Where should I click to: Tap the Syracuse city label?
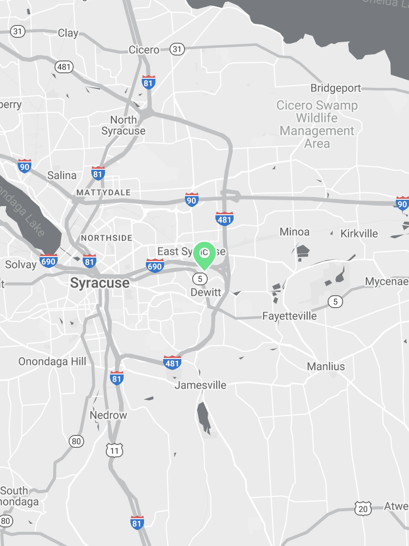(x=100, y=283)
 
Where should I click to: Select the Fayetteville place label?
(x=289, y=316)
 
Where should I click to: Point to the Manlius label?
(x=326, y=366)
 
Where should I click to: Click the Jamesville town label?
(x=200, y=385)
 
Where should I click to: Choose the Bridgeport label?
(x=335, y=88)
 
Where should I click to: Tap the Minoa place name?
(x=294, y=232)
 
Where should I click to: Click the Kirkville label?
(x=359, y=233)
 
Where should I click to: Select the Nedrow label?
(x=108, y=415)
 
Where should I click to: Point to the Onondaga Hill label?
(x=52, y=362)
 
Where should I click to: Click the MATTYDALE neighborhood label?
(x=103, y=192)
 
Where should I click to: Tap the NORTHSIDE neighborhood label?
(x=106, y=238)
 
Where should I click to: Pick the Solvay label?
(x=20, y=264)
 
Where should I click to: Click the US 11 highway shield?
(x=115, y=450)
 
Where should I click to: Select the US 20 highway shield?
(x=363, y=509)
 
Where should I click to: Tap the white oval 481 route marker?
(x=64, y=67)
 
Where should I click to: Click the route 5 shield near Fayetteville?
(x=335, y=301)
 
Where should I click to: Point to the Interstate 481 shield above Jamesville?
(x=172, y=362)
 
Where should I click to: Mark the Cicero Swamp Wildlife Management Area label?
(x=317, y=124)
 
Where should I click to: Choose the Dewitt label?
(x=206, y=292)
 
